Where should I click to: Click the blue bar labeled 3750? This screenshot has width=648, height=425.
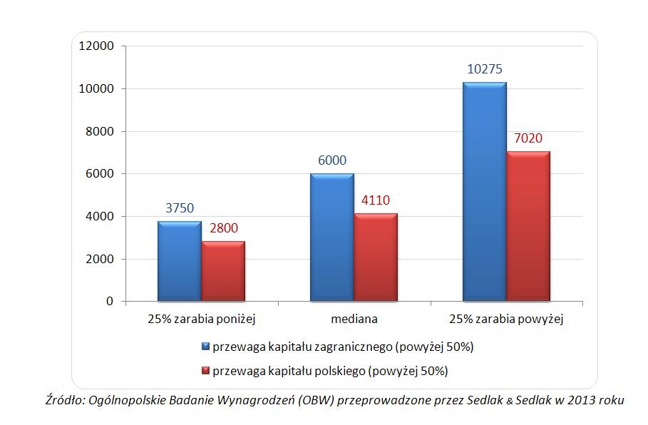point(180,261)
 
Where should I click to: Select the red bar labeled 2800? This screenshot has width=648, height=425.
point(223,271)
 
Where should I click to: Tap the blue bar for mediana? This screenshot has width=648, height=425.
point(331,237)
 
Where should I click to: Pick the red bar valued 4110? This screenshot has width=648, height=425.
point(376,257)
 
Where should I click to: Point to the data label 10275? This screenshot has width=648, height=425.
point(485,69)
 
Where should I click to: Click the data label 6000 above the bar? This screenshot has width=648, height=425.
point(332,161)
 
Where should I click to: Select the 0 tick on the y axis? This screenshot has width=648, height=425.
point(110,302)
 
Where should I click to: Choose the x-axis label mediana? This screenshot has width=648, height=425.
point(354,319)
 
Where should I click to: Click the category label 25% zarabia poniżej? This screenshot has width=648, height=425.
point(202,319)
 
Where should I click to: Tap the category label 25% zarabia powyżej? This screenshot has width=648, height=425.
point(507,319)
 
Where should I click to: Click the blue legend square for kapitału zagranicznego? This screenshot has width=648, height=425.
point(206,347)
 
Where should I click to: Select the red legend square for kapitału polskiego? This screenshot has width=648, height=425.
point(206,371)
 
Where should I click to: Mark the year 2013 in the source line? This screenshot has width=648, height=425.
point(578,400)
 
